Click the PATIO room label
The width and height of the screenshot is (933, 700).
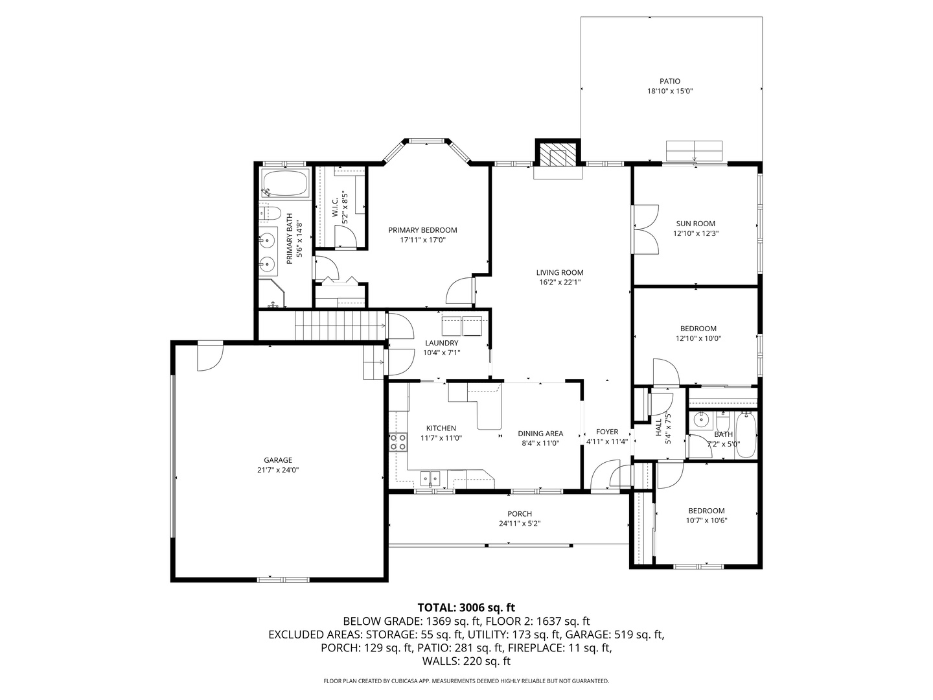670,81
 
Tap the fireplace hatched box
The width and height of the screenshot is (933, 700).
557,154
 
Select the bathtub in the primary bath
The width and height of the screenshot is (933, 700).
285,183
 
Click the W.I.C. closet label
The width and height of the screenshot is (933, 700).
335,207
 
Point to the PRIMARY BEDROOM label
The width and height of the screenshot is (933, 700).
422,230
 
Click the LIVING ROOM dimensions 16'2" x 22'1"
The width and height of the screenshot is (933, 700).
560,282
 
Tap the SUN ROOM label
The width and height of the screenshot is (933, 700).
695,224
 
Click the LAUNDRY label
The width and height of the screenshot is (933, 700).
442,343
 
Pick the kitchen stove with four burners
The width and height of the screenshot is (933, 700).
398,441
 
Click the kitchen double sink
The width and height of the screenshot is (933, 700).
431,479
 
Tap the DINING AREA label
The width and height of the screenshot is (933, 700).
540,434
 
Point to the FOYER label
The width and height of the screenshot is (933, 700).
607,432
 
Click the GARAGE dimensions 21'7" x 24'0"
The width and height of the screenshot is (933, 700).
278,470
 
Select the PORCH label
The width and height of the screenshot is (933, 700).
520,514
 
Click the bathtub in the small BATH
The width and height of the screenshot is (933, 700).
746,434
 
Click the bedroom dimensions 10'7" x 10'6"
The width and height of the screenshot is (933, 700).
706,520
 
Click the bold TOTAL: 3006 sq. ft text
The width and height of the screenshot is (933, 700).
466,607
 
